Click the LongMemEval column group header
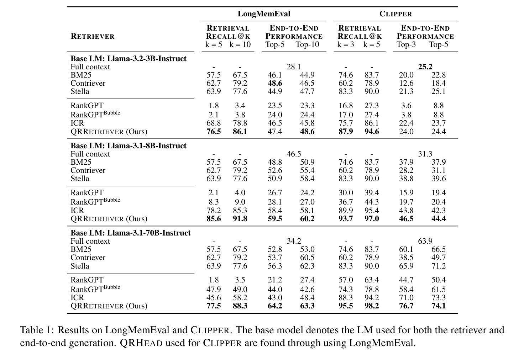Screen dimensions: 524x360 (x=264, y=14)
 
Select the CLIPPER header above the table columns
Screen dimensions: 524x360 (x=395, y=14)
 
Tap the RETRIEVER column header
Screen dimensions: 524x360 (x=93, y=36)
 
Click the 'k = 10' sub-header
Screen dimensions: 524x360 (x=240, y=44)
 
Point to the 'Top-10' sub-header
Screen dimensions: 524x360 (x=307, y=44)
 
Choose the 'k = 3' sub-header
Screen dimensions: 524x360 (x=346, y=44)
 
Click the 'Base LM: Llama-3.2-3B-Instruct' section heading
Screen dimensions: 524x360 (x=129, y=58)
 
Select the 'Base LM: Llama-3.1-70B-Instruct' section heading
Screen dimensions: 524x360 (x=131, y=233)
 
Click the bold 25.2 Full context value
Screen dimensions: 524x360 (x=425, y=67)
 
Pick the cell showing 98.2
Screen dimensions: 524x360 (x=372, y=306)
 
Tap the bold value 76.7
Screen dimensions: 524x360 (x=406, y=306)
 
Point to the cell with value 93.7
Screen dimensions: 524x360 (x=346, y=218)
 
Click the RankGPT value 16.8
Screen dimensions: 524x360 (x=346, y=105)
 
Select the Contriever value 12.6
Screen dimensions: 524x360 (x=406, y=83)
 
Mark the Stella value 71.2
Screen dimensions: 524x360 (x=438, y=266)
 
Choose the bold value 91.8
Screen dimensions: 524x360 (x=240, y=218)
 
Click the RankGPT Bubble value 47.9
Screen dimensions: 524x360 (x=214, y=289)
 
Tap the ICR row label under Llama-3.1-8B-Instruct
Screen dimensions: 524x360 (x=77, y=210)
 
